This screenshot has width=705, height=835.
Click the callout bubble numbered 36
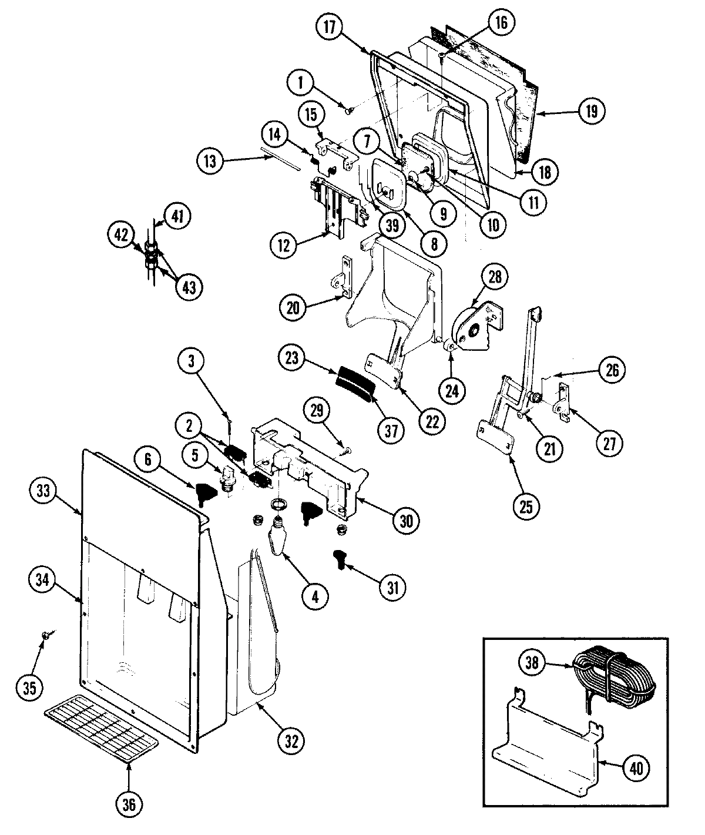(130, 803)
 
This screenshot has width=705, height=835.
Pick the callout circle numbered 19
(590, 111)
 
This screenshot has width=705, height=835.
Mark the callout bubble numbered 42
(122, 234)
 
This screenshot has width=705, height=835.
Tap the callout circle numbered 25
(526, 506)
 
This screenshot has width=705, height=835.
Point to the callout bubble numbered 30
(407, 519)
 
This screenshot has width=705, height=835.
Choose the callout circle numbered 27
(609, 444)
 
